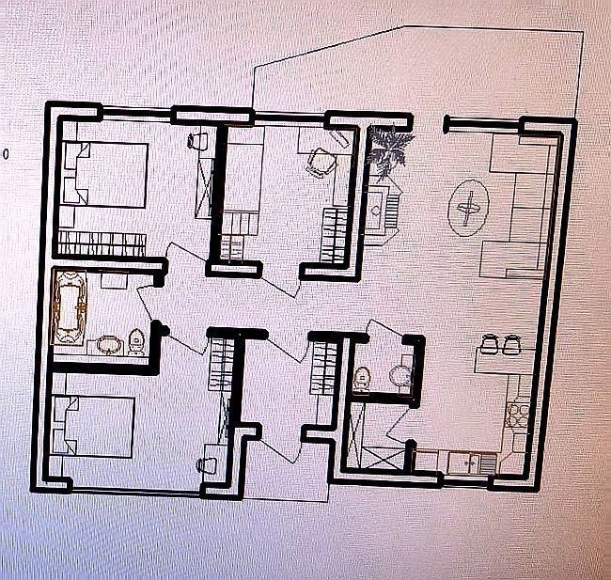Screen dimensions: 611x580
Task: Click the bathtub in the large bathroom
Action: click(x=70, y=307)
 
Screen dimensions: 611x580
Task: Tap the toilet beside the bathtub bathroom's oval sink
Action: click(x=135, y=342)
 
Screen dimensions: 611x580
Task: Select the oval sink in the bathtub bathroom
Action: click(x=109, y=345)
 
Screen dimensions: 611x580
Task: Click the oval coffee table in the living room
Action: click(x=468, y=208)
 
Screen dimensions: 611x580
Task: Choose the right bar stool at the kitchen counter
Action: click(x=510, y=344)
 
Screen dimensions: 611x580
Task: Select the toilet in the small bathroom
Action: click(x=361, y=379)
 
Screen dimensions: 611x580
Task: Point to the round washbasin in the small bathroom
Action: click(x=399, y=374)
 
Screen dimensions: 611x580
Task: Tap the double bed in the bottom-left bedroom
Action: click(x=94, y=427)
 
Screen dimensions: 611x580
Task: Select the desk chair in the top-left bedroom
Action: click(x=198, y=141)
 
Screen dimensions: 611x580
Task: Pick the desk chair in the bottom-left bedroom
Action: click(x=207, y=465)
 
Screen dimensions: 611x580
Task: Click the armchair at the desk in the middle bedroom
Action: click(x=321, y=162)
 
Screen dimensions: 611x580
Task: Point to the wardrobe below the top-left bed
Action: click(x=102, y=243)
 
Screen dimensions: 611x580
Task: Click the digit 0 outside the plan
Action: click(x=6, y=154)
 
